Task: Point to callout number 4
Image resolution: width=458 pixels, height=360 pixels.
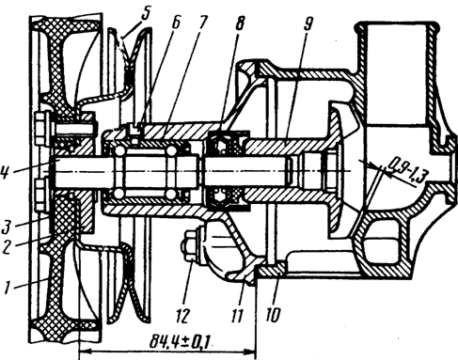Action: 7,173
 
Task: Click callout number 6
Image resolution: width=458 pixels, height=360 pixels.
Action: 176,22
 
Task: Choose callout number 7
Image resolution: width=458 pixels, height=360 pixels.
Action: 203,22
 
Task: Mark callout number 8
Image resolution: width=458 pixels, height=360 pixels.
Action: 240,22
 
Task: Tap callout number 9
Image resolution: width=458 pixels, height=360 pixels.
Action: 308,22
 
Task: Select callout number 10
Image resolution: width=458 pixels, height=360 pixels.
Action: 273,313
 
